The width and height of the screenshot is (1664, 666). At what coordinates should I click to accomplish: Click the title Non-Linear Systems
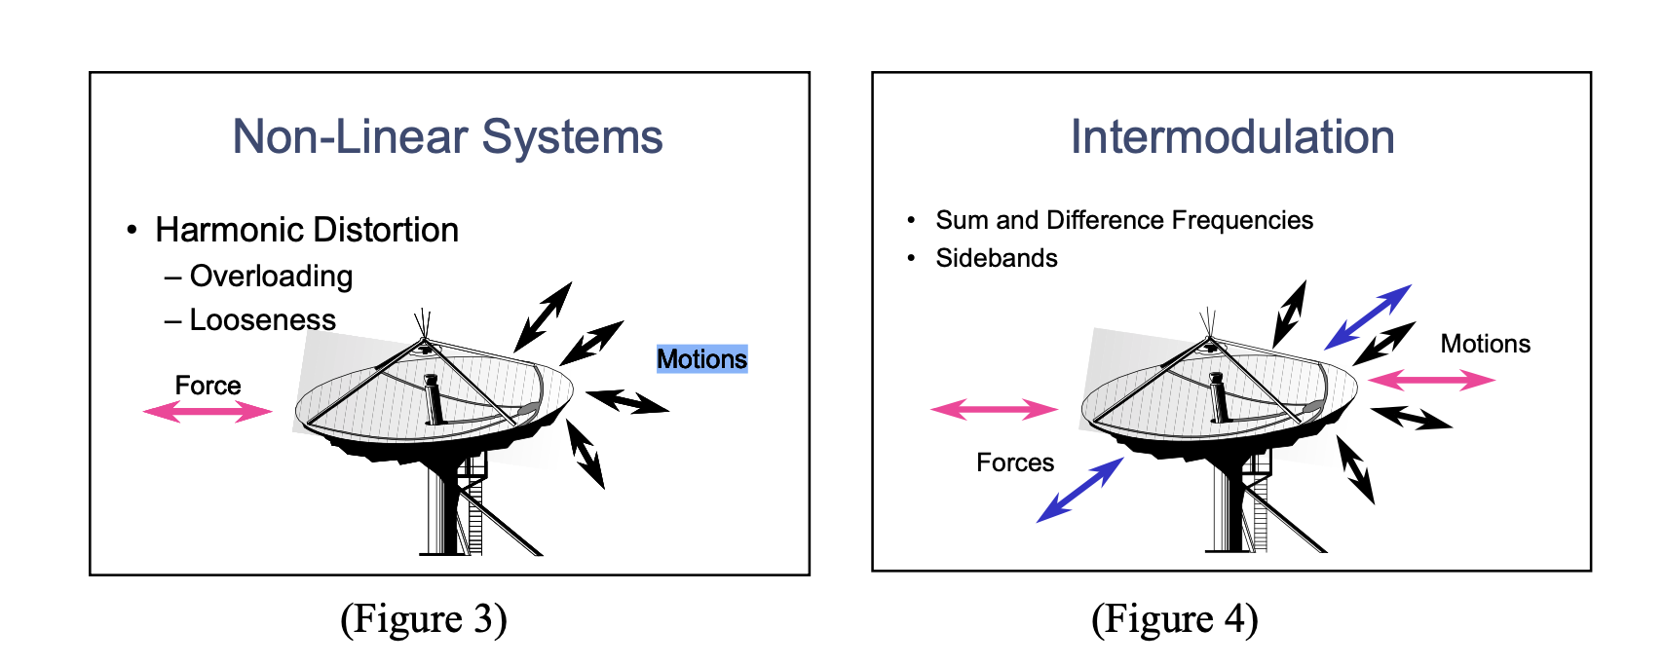447,136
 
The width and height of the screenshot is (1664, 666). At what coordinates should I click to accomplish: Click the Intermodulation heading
1232,136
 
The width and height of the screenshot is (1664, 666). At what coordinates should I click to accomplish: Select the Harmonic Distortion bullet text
307,230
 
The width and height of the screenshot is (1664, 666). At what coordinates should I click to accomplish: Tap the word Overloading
271,277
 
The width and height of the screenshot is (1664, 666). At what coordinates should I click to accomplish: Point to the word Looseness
262,320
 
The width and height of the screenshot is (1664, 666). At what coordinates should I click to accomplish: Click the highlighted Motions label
701,359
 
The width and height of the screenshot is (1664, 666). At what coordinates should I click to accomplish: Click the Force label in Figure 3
208,386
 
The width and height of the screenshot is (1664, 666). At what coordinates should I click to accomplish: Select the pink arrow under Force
208,412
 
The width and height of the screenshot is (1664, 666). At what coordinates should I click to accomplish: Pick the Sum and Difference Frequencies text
1124,220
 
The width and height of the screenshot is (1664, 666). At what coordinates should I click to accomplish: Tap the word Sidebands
997,258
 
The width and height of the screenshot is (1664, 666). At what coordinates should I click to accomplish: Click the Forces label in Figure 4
1015,462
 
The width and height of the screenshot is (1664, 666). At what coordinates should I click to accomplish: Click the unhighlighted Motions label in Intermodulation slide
1485,344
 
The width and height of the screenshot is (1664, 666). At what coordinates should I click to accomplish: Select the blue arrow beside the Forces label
1079,490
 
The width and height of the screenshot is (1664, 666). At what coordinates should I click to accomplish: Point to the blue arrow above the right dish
1368,316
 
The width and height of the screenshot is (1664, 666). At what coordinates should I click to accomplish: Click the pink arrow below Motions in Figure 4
1430,380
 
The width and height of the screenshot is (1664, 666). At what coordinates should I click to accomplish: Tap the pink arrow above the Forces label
994,409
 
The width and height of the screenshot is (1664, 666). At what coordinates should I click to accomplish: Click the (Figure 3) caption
424,619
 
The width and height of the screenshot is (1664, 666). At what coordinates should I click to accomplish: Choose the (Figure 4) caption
1174,619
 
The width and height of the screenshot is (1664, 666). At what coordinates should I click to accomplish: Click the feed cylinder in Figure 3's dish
433,399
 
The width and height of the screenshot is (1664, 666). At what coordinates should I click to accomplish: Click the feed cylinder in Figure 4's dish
1217,397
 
